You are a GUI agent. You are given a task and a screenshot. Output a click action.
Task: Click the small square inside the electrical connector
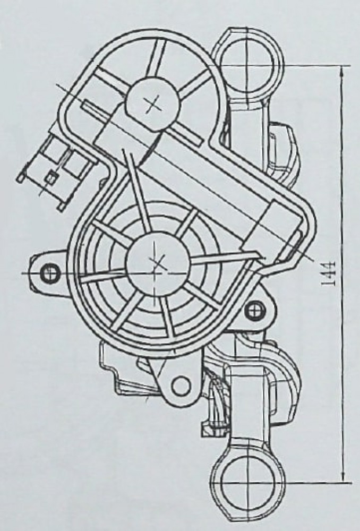[52, 176]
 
